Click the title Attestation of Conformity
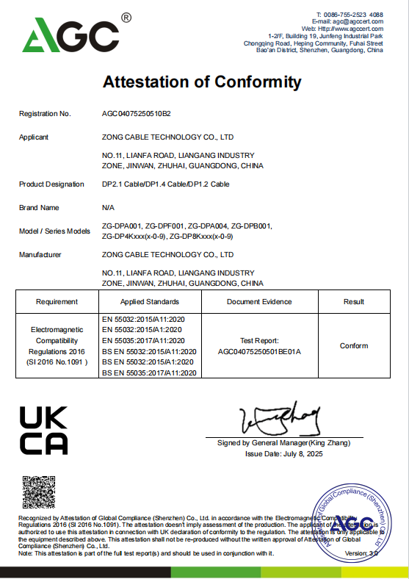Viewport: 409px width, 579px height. [202, 82]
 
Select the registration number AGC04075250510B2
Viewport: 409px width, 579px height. [136, 114]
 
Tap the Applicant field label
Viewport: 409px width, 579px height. [34, 137]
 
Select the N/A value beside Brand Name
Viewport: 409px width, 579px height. [108, 208]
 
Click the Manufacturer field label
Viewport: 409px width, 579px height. [40, 255]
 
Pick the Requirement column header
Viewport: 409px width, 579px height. [57, 301]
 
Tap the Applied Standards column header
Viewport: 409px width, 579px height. [150, 301]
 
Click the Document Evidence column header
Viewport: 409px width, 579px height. [259, 301]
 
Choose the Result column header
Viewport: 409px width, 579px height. [354, 301]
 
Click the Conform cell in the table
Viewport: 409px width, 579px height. [354, 345]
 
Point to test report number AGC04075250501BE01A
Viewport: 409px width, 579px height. [259, 351]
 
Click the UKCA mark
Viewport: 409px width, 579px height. [43, 430]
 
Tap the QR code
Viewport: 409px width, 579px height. [39, 492]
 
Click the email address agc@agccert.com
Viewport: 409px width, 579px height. [358, 21]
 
